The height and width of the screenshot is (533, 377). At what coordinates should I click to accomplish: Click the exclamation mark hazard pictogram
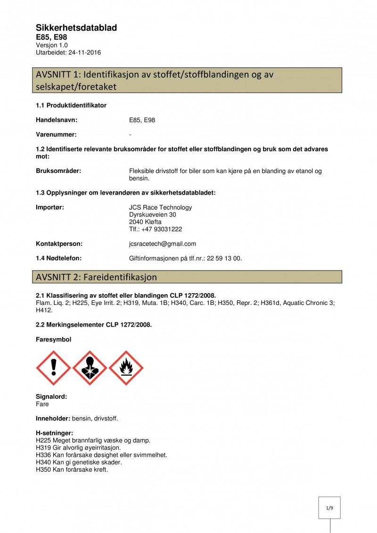click(x=53, y=368)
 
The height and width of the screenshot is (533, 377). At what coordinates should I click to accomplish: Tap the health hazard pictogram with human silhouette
click(x=90, y=368)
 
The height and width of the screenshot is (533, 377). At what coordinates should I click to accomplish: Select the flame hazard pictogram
click(x=126, y=368)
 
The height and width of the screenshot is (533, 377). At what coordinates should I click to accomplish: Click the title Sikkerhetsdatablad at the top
click(x=76, y=28)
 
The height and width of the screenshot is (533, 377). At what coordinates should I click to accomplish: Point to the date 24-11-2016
click(x=84, y=52)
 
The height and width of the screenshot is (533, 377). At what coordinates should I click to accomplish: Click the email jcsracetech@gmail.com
click(x=162, y=244)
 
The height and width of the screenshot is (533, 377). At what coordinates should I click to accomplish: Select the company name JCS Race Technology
click(x=160, y=207)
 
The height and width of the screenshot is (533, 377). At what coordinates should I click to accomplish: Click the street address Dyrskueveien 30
click(x=152, y=214)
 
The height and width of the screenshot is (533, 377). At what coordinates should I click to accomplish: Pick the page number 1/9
click(x=329, y=508)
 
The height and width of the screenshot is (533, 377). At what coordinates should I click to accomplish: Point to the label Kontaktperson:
click(x=59, y=244)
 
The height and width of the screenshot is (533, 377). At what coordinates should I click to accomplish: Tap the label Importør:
click(x=50, y=207)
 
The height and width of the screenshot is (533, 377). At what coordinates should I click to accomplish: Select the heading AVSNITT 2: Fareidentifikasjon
click(x=96, y=277)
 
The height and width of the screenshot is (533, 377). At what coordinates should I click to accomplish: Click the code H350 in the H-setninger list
click(x=43, y=469)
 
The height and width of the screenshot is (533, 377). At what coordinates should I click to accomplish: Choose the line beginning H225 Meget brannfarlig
click(x=93, y=440)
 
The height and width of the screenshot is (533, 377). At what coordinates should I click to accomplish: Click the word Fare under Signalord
click(x=42, y=404)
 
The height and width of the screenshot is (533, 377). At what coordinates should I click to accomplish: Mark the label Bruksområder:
click(x=58, y=171)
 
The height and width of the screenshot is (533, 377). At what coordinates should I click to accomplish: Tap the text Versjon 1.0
click(x=52, y=45)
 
